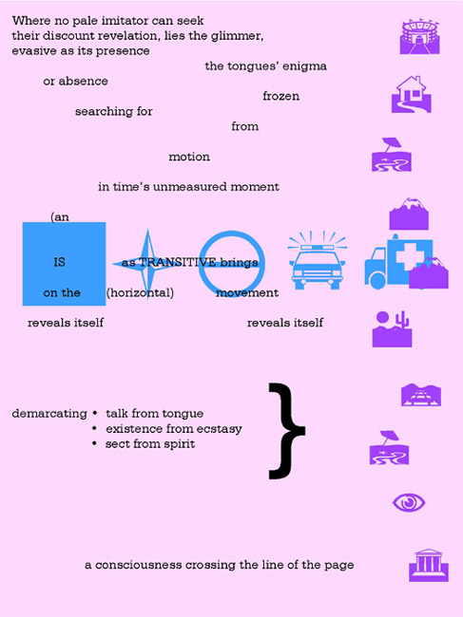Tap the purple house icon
point(411,94)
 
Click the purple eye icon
point(409,502)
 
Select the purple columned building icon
point(429,565)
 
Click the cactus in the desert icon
point(403,319)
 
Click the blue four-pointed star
point(147,264)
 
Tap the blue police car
point(318,260)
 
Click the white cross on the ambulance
point(410,257)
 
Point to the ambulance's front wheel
point(377,280)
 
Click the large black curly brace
point(287,431)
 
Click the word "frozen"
point(281,96)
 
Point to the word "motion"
point(189,157)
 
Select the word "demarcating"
point(49,414)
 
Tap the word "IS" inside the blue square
point(60,262)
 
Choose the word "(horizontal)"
point(140,292)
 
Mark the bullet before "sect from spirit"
point(94,443)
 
